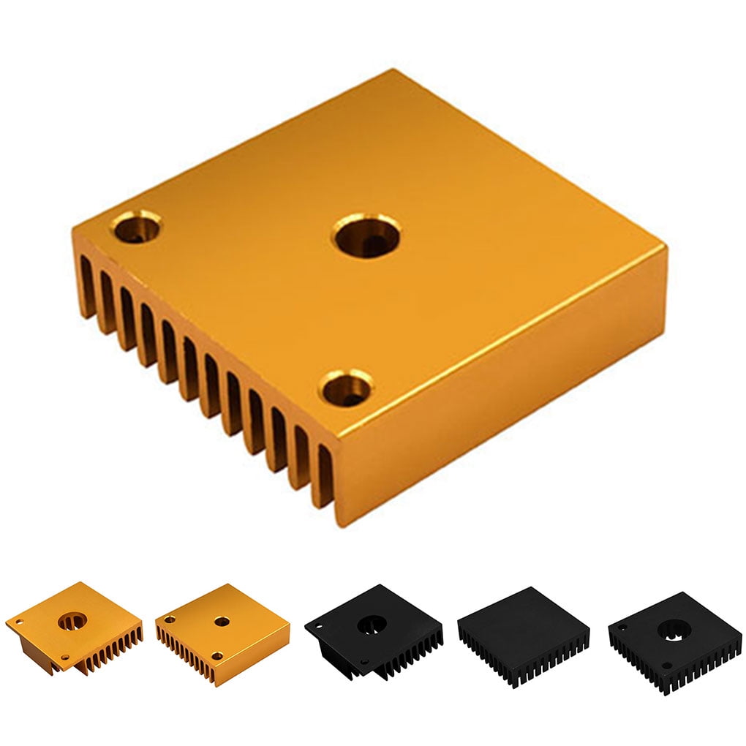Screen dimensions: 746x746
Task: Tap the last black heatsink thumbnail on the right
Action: pos(674,640)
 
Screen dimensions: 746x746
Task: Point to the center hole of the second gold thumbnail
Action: pos(222,622)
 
